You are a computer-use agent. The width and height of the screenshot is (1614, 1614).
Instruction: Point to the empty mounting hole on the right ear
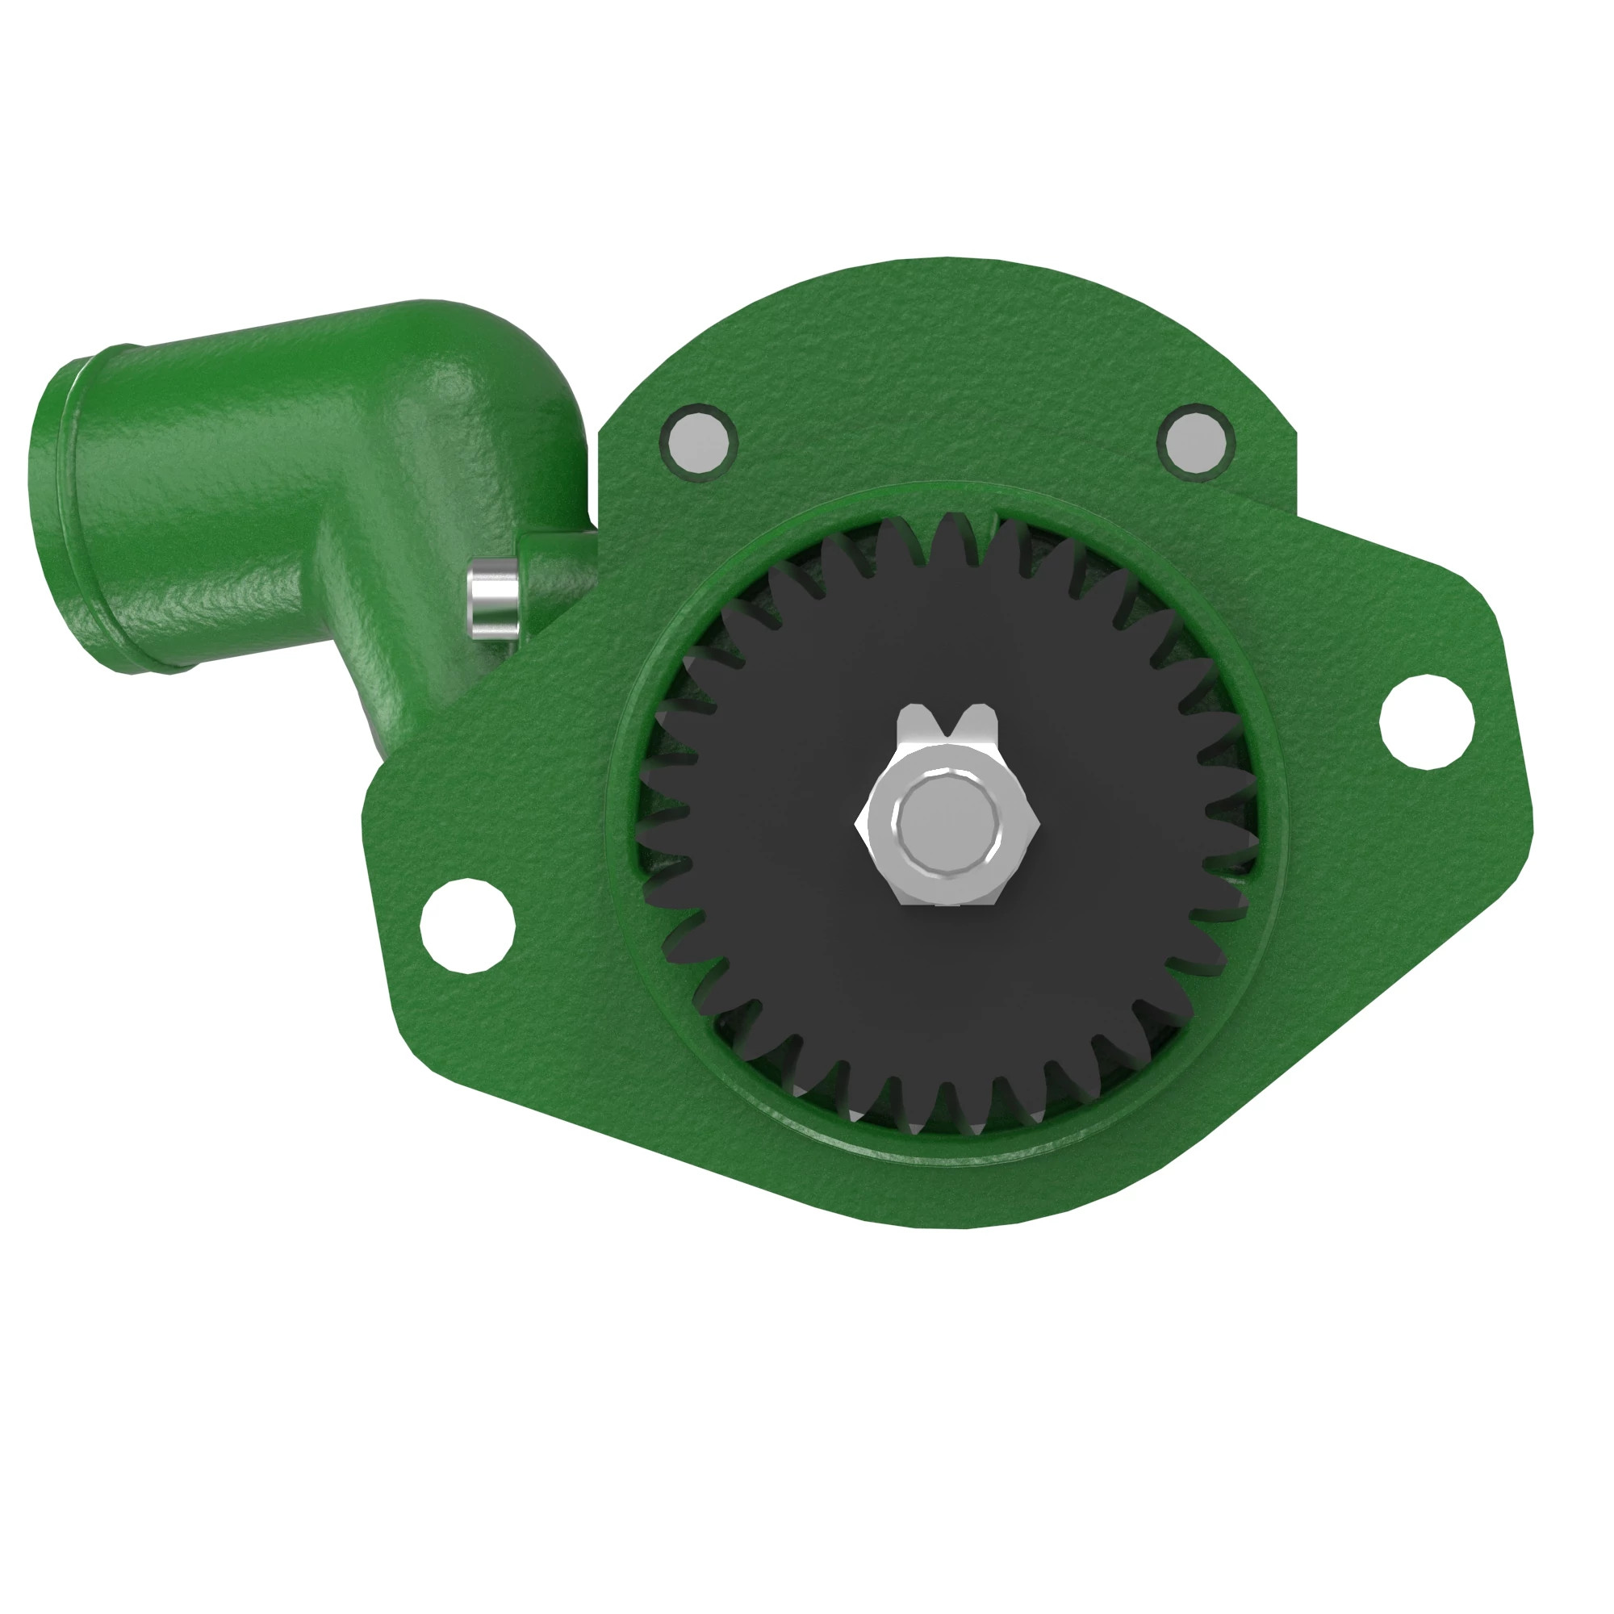[1427, 721]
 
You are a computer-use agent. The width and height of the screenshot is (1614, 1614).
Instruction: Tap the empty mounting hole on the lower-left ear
[467, 926]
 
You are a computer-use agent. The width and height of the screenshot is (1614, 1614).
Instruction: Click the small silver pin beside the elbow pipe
[492, 598]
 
